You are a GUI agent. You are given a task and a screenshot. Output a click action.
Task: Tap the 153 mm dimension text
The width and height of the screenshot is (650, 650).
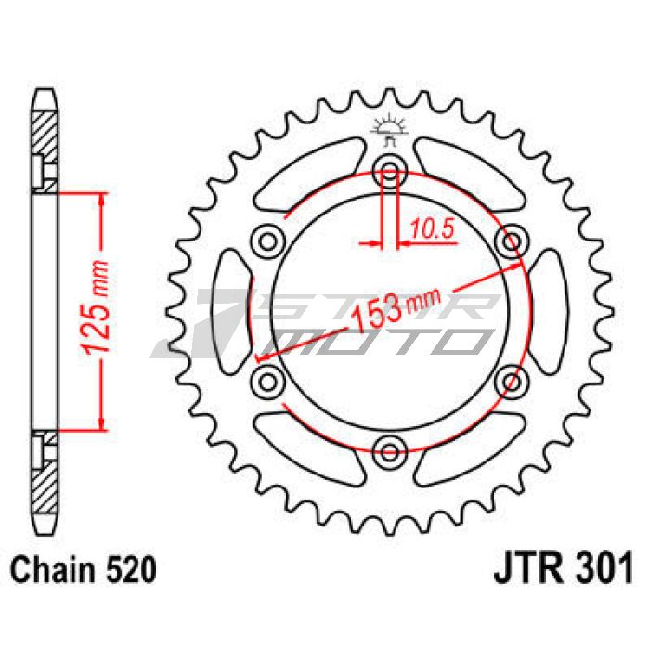tap(394, 305)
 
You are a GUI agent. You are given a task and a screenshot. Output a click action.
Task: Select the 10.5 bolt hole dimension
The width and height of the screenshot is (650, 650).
tap(432, 228)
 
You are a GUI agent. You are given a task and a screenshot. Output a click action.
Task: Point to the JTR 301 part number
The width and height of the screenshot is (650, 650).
tap(564, 566)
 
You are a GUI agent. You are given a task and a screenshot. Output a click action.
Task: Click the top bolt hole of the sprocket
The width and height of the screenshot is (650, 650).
tap(390, 171)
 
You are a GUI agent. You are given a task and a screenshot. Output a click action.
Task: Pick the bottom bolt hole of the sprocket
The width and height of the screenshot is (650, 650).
tap(390, 452)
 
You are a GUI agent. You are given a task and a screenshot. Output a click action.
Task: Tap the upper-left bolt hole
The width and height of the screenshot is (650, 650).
tap(267, 241)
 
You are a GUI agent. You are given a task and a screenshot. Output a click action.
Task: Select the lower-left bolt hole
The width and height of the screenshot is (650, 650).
tap(267, 382)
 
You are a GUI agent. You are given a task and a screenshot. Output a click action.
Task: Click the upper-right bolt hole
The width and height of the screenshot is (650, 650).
tap(512, 241)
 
